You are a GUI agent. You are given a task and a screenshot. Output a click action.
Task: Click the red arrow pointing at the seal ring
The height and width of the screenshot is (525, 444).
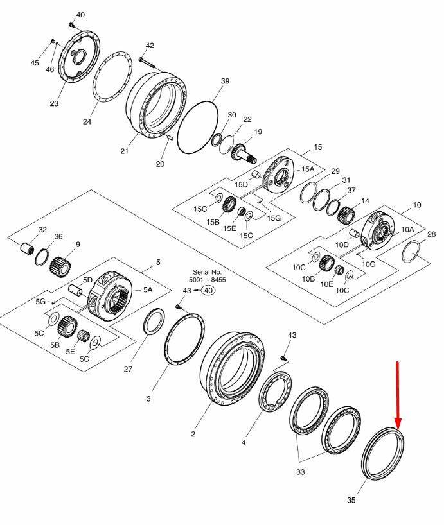point(398,395)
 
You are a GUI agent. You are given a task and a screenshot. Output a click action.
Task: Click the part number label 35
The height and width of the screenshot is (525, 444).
point(351,500)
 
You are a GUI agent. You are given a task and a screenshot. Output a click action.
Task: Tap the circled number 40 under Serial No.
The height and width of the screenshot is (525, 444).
point(208,290)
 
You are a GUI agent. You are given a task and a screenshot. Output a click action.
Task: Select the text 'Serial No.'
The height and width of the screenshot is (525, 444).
point(207,272)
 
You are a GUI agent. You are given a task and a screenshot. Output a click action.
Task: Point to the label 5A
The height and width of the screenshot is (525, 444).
point(148,289)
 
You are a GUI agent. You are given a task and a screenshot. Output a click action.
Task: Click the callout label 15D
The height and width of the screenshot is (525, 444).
point(241,184)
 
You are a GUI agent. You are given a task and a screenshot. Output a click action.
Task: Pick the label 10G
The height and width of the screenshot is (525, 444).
point(369,264)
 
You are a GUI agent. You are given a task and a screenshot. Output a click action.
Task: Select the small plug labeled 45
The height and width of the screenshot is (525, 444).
point(52,41)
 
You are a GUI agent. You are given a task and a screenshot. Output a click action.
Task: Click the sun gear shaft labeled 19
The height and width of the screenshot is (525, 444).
point(243,153)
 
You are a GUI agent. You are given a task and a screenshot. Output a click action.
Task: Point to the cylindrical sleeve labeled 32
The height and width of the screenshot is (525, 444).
point(27,249)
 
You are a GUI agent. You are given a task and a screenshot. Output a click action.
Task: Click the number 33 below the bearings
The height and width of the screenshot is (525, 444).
point(301,472)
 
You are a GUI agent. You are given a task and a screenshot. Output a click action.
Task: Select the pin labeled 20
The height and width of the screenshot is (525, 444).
point(169,137)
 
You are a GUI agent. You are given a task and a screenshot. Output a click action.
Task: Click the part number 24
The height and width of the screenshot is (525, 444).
point(87,121)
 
